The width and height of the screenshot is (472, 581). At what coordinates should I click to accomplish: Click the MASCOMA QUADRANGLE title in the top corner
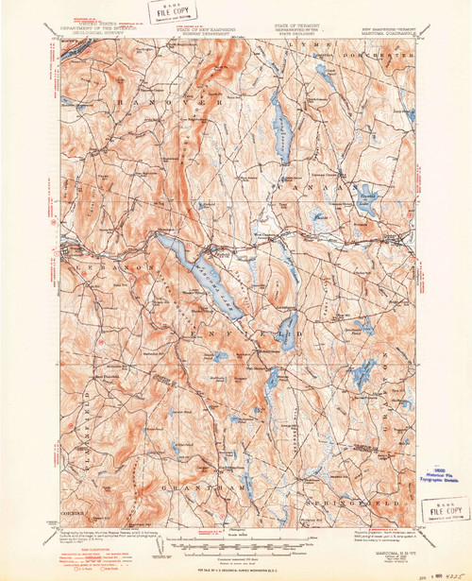(390, 31)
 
